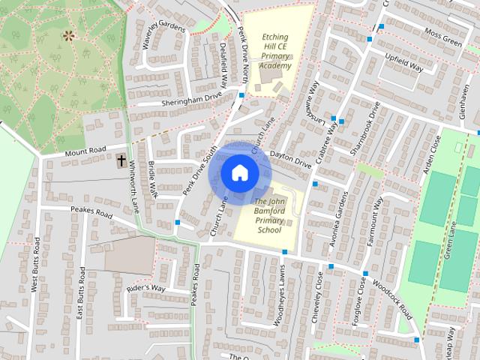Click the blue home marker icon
click(239, 172)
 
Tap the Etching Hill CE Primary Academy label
click(274, 51)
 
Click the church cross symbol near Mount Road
click(121, 160)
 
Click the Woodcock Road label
click(392, 298)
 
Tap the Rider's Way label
click(145, 288)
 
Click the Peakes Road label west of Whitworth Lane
click(91, 213)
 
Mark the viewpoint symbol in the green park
click(69, 34)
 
